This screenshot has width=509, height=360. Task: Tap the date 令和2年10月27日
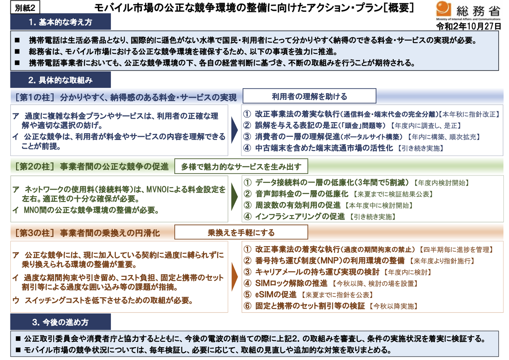pos(468,26)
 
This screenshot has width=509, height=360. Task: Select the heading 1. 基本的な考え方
pos(60,22)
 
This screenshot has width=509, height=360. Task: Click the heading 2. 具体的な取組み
pos(60,80)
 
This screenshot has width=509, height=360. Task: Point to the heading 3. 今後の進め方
pos(60,321)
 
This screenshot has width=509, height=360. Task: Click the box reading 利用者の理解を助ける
pos(309,96)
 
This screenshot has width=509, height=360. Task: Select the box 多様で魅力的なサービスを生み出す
pos(241,167)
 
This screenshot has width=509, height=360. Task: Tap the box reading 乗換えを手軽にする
pos(241,232)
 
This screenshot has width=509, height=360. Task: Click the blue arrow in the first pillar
pos(235,130)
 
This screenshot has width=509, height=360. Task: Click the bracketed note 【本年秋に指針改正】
pos(469,114)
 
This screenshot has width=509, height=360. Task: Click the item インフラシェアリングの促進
pos(300,217)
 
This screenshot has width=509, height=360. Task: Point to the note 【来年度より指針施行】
pos(441,261)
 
